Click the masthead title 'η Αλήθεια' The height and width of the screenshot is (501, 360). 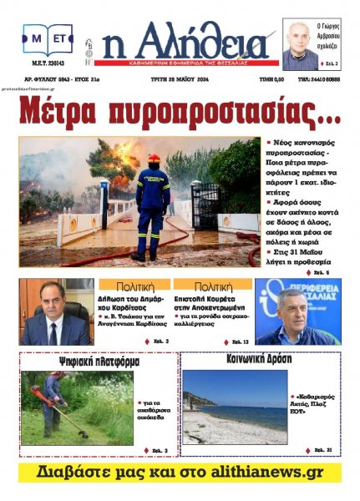(185, 41)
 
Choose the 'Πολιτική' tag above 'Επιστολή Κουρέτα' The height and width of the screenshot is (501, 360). (211, 285)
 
